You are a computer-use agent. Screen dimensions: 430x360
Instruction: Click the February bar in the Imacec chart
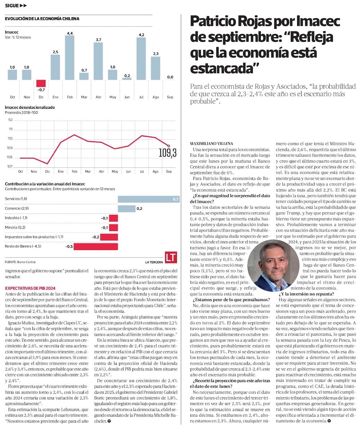(70, 58)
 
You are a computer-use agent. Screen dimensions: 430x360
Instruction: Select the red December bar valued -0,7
(41, 83)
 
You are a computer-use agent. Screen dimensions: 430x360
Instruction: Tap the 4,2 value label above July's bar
(141, 35)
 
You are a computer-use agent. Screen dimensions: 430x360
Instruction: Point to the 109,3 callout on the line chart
(167, 153)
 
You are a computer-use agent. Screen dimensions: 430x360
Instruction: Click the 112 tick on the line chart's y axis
(10, 120)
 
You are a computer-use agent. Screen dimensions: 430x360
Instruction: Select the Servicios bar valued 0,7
(148, 199)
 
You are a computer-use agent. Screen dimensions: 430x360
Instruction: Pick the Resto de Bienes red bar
(96, 246)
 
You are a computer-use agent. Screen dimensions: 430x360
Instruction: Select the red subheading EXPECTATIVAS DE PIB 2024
(30, 288)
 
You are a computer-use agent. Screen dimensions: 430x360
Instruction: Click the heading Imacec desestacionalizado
(30, 107)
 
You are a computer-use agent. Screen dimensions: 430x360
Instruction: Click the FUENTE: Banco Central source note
(20, 262)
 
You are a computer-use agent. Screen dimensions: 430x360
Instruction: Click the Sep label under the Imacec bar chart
(170, 97)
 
